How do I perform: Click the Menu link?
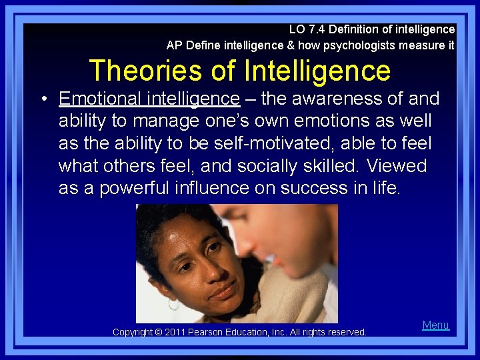pyautogui.click(x=435, y=325)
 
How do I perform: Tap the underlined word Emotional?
pyautogui.click(x=100, y=99)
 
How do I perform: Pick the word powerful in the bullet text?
pyautogui.click(x=147, y=189)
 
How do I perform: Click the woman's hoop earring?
pyautogui.click(x=173, y=305)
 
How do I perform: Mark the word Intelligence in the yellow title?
pyautogui.click(x=317, y=70)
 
